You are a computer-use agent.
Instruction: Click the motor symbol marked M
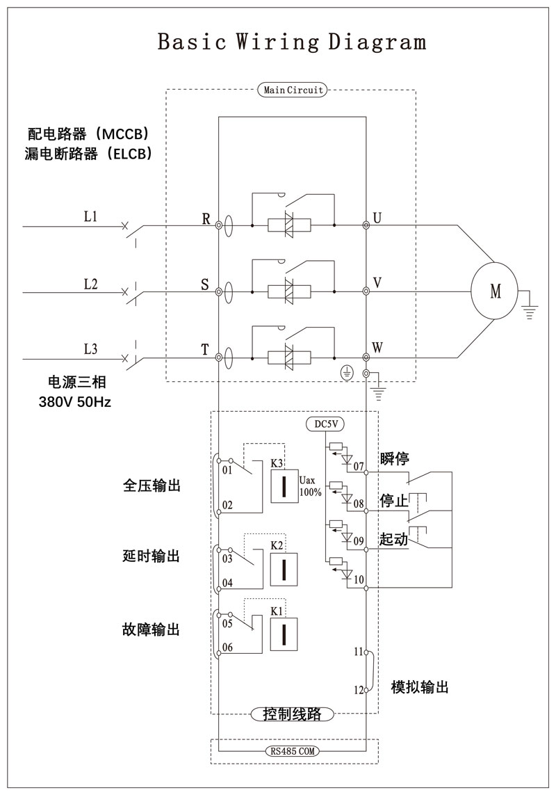click(495, 291)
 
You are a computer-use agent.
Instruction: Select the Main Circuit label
click(292, 90)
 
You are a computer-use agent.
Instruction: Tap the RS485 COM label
click(293, 751)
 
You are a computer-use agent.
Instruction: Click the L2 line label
click(90, 284)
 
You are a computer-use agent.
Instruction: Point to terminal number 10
click(359, 579)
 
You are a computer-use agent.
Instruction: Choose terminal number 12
click(359, 691)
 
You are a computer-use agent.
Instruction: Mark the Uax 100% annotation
click(310, 486)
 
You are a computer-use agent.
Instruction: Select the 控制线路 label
click(293, 714)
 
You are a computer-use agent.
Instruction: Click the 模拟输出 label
click(419, 687)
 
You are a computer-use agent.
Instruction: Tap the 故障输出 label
click(151, 629)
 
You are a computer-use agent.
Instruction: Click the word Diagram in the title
click(377, 42)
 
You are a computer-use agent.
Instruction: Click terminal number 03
click(227, 558)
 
